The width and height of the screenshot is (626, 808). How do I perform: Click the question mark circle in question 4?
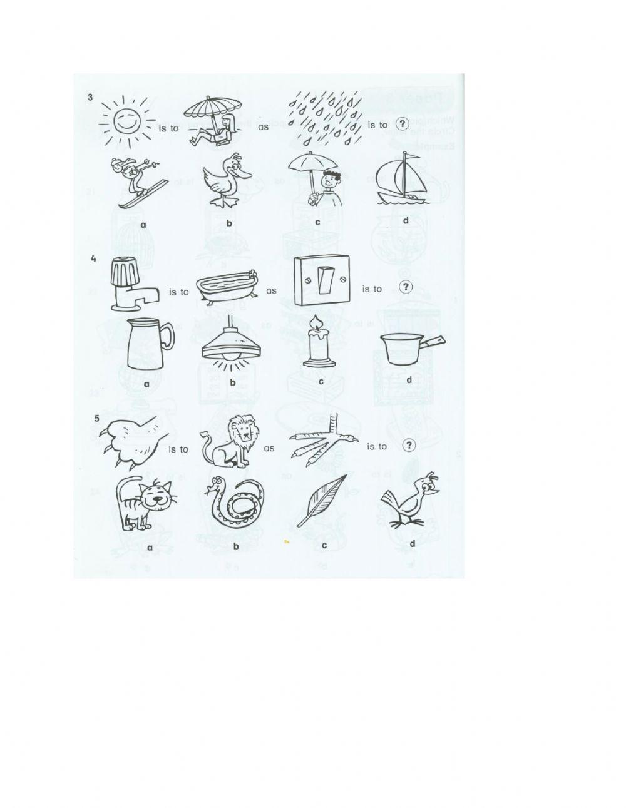(x=406, y=287)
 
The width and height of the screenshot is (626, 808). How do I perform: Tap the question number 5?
(x=96, y=419)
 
